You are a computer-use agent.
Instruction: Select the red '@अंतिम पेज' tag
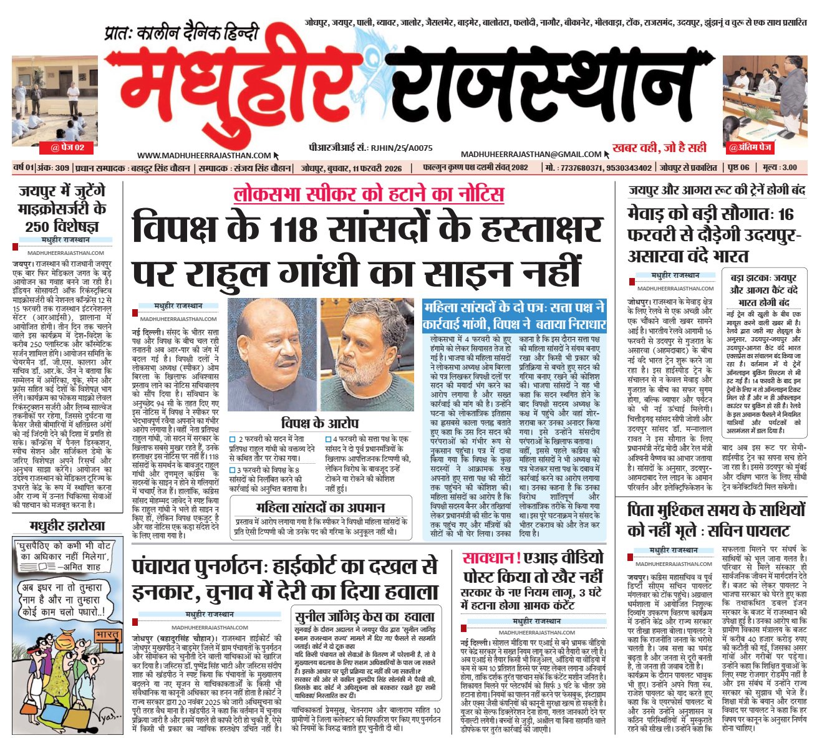[x=750, y=148]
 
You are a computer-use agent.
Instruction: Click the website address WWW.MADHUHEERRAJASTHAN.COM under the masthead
[x=204, y=156]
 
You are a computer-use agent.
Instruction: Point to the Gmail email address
[x=531, y=154]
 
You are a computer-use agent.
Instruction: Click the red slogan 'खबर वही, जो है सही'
[x=660, y=148]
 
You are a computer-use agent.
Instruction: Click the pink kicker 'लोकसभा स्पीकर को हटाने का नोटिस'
[x=368, y=194]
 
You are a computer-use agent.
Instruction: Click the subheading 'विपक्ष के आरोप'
[x=319, y=423]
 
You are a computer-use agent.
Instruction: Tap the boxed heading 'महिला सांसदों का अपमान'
[x=321, y=507]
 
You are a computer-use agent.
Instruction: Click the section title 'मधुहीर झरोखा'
[x=68, y=525]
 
